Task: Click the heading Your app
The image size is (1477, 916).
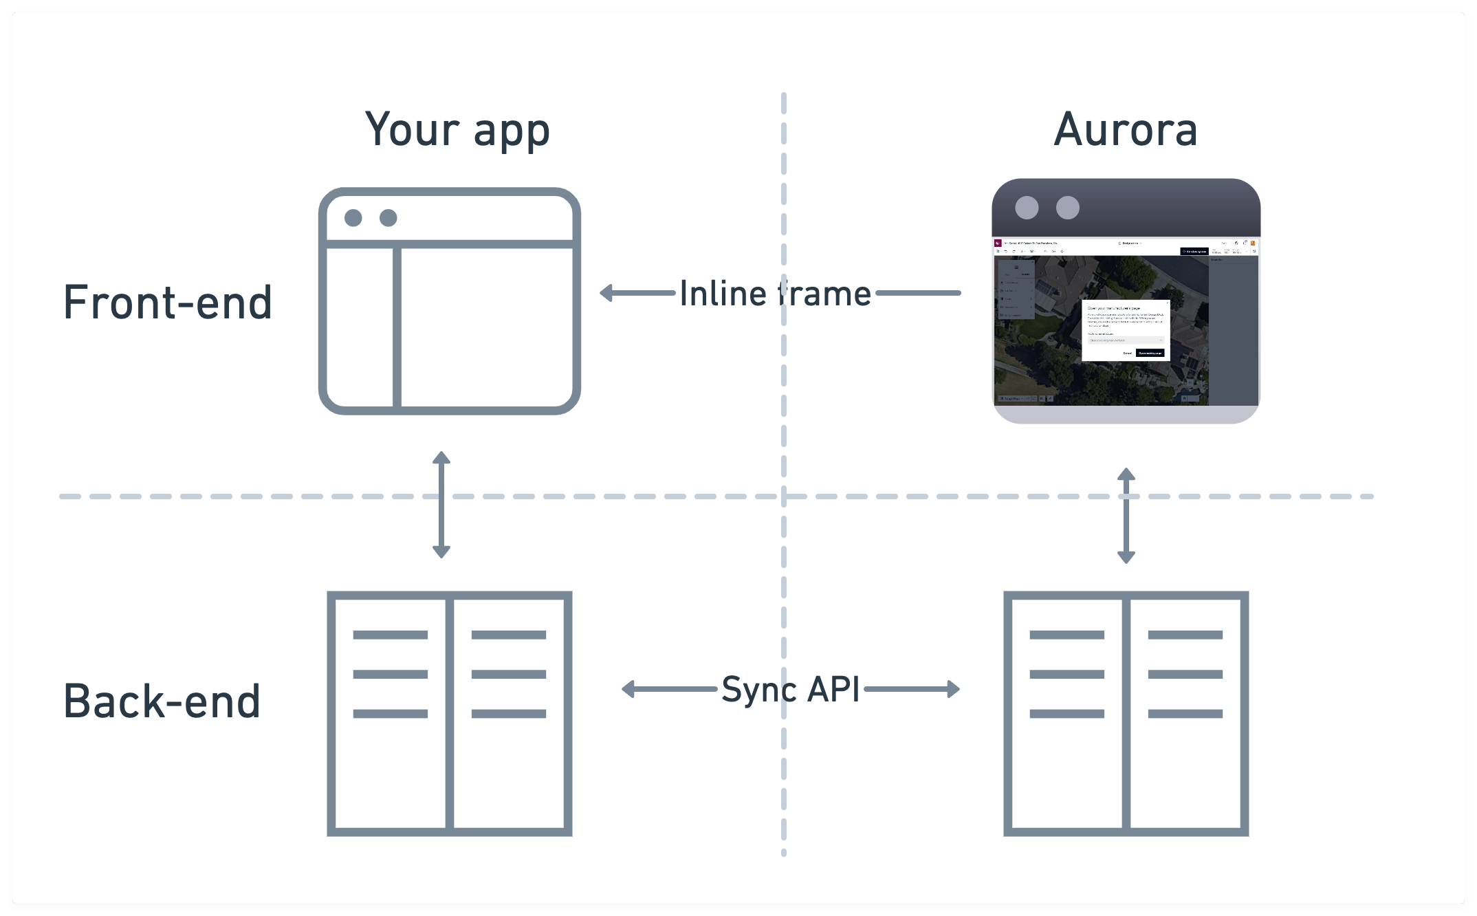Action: coord(457,131)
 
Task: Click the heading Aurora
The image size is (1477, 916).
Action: coord(1126,131)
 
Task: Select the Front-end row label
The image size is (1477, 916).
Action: coord(168,303)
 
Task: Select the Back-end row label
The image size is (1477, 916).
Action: coord(162,702)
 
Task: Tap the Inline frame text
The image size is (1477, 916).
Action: coord(775,294)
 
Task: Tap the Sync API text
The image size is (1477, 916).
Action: coord(790,689)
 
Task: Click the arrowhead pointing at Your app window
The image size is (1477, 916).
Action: coord(606,294)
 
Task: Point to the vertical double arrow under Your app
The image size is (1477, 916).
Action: coord(441,504)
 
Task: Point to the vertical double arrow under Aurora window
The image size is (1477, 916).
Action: coord(1126,516)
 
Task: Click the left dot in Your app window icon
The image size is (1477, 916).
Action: coord(353,218)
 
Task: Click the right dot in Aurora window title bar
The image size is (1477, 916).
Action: coord(1067,208)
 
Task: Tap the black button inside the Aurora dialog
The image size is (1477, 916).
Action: coord(1150,353)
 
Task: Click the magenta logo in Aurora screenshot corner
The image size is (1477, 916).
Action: coord(998,243)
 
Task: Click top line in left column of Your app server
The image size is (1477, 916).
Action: coord(390,635)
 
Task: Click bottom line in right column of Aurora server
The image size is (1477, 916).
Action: coord(1185,714)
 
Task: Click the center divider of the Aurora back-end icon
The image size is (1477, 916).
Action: coord(1126,713)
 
